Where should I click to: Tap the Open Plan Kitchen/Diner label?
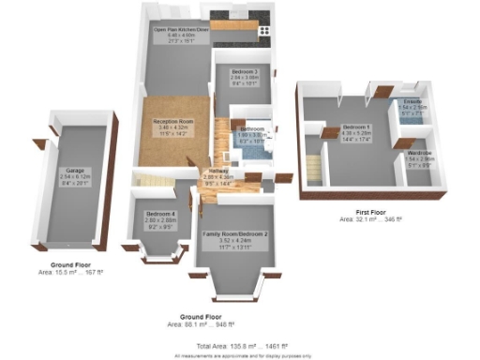[180, 29]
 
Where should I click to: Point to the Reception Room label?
[173, 121]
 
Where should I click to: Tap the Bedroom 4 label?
[160, 214]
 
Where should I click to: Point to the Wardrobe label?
[419, 152]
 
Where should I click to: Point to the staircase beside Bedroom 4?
[150, 177]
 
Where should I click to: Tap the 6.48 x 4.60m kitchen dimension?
[180, 35]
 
